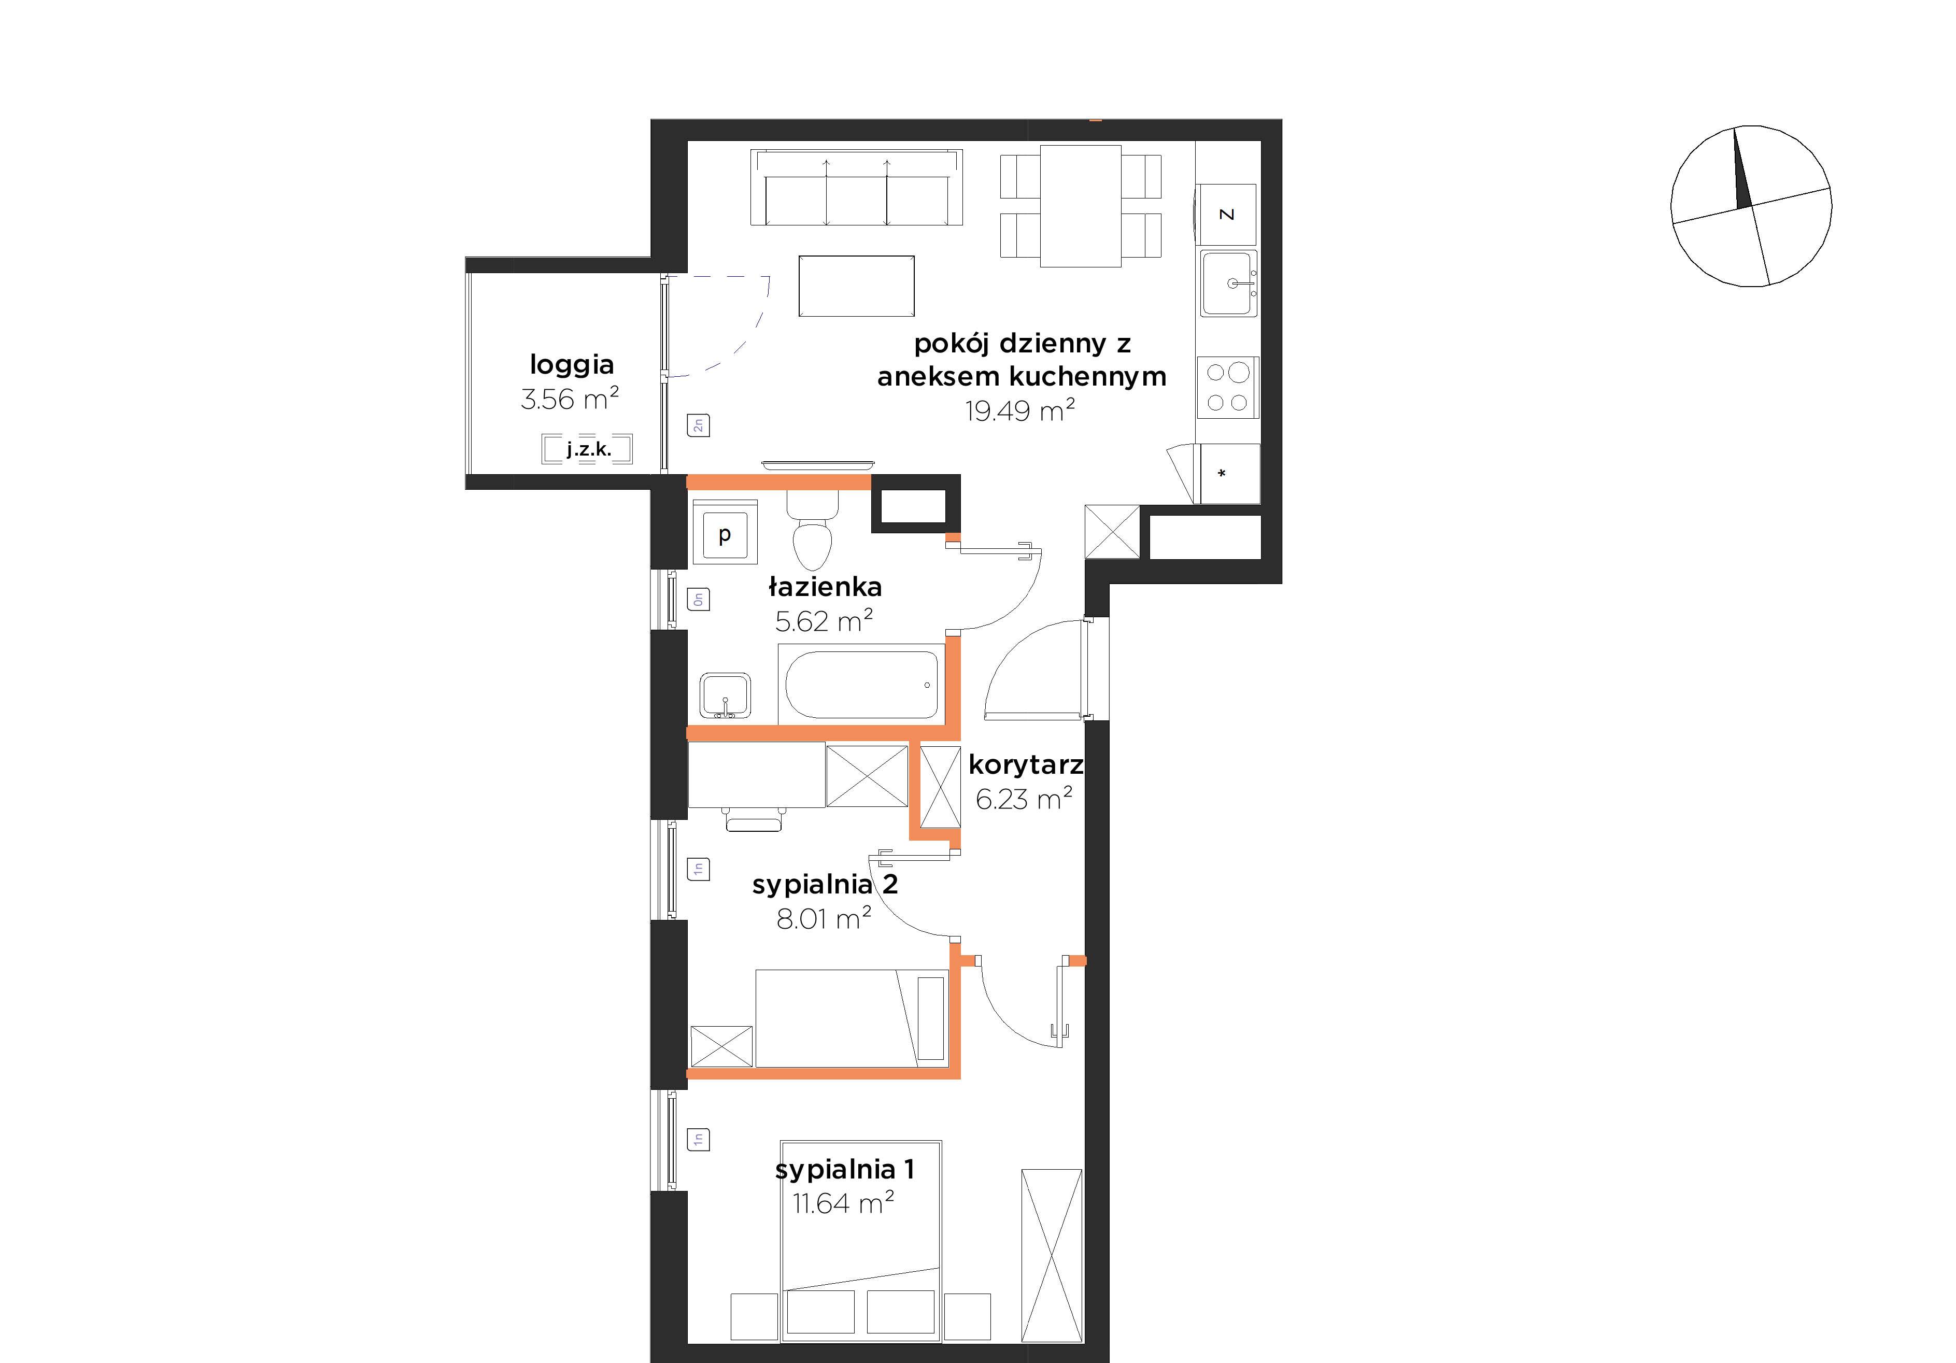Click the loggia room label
[x=572, y=365]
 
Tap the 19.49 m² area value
[x=1020, y=410]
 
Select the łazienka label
[x=825, y=587]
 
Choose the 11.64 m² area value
[x=843, y=1203]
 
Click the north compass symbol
[x=1751, y=206]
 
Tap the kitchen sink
[x=1228, y=283]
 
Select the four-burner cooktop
[x=1228, y=388]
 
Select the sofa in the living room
[x=856, y=188]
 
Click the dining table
[x=1080, y=206]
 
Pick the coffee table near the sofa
[x=856, y=286]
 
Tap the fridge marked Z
[x=1227, y=215]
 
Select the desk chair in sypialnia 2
[x=754, y=819]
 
